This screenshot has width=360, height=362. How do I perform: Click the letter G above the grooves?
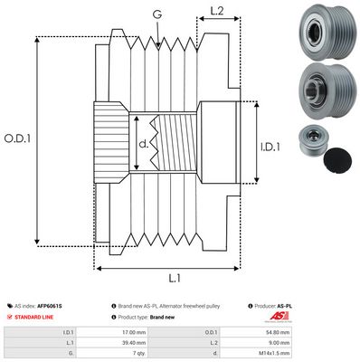click(157, 14)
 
